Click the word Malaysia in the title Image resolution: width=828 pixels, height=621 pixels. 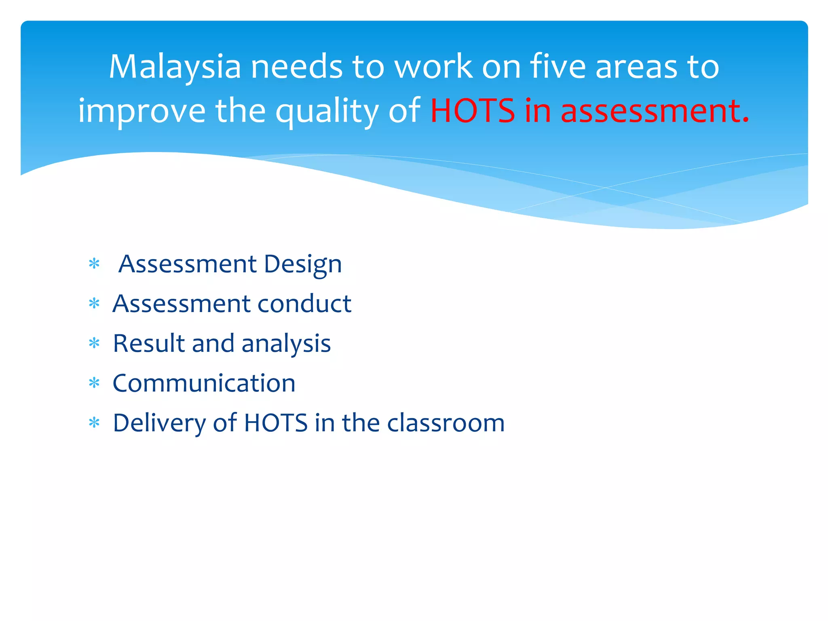(x=175, y=67)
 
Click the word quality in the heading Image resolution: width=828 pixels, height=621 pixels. (x=327, y=111)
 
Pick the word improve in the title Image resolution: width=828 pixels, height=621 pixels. (x=142, y=111)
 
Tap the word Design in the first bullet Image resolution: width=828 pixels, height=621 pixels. (x=303, y=265)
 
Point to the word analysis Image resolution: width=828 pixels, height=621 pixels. (x=286, y=344)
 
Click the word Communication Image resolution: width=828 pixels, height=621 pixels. (x=204, y=383)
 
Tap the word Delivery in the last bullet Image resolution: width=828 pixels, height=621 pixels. (x=159, y=423)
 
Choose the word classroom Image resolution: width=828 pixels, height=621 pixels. (x=446, y=423)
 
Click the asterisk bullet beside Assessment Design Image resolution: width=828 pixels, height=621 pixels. (x=94, y=264)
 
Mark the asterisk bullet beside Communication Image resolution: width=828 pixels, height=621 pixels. (x=94, y=382)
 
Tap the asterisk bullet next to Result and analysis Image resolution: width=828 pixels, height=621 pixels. (x=94, y=343)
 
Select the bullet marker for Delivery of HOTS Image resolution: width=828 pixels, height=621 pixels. (x=94, y=423)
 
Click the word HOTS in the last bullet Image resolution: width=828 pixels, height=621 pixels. (x=276, y=423)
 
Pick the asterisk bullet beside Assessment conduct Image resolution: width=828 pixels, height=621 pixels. (x=94, y=303)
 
